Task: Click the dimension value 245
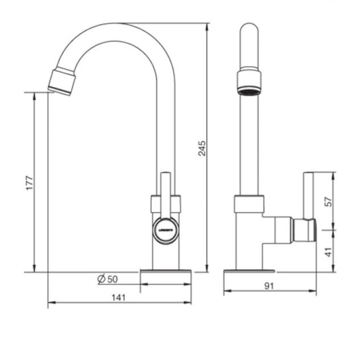(x=202, y=148)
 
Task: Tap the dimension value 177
(x=30, y=183)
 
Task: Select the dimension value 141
(x=119, y=298)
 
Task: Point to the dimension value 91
(x=269, y=286)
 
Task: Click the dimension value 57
(x=329, y=202)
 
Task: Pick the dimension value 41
(x=329, y=252)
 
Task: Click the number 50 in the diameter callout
(x=113, y=279)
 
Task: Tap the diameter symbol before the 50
(x=101, y=278)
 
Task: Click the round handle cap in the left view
(x=166, y=230)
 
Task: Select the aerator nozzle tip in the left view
(x=62, y=82)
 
